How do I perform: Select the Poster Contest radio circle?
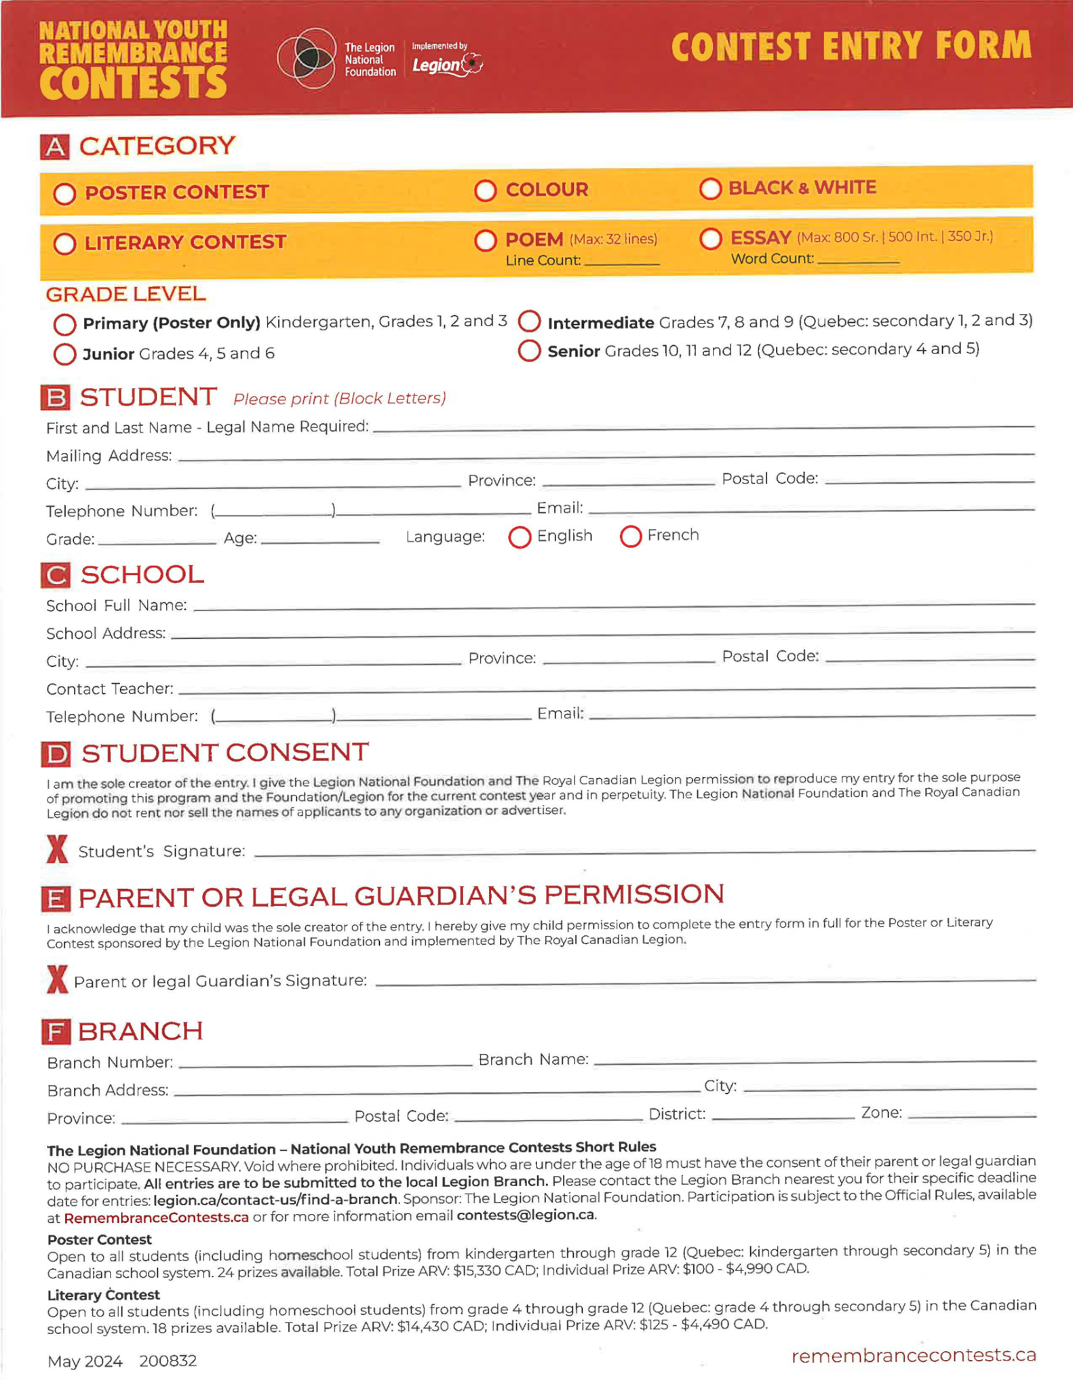pyautogui.click(x=64, y=194)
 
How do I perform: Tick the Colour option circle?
pyautogui.click(x=485, y=191)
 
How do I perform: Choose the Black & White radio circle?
pyautogui.click(x=710, y=189)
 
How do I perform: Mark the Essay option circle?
pyautogui.click(x=710, y=239)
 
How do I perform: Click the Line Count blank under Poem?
pyautogui.click(x=621, y=260)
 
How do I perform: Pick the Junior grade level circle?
pyautogui.click(x=64, y=354)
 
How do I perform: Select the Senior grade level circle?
pyautogui.click(x=529, y=351)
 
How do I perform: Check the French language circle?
pyautogui.click(x=630, y=536)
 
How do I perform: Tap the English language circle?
pyautogui.click(x=520, y=537)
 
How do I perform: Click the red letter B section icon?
pyautogui.click(x=55, y=398)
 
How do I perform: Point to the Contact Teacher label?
pyautogui.click(x=109, y=689)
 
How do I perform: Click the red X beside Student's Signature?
pyautogui.click(x=57, y=849)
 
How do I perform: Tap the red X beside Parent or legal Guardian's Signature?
pyautogui.click(x=57, y=979)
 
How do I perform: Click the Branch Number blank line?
pyautogui.click(x=325, y=1063)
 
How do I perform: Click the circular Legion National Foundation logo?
pyautogui.click(x=307, y=58)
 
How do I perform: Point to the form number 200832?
pyautogui.click(x=168, y=1361)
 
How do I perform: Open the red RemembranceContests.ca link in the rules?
pyautogui.click(x=156, y=1218)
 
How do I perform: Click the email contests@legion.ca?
pyautogui.click(x=526, y=1215)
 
